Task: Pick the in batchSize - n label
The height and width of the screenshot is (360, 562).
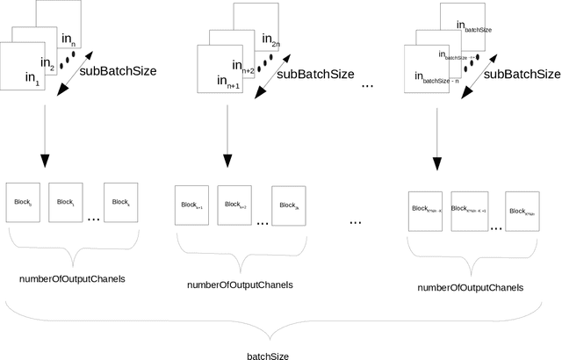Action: [430, 80]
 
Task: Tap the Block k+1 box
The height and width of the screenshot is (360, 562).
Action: [191, 205]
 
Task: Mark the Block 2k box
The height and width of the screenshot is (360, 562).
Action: [289, 206]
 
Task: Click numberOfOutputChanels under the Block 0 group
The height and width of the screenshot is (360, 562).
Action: [72, 278]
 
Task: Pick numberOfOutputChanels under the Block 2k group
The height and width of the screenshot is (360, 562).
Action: [241, 284]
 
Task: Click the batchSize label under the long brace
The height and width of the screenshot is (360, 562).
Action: [268, 356]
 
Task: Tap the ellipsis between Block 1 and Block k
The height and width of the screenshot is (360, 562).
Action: [93, 217]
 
